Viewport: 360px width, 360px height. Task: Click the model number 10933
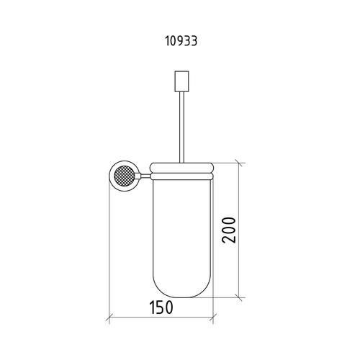(x=181, y=41)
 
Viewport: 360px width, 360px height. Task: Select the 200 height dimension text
(x=229, y=230)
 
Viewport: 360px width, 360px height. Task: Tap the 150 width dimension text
(x=161, y=307)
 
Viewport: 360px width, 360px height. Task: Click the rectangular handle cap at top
(x=181, y=81)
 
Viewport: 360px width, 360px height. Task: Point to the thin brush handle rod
(x=181, y=127)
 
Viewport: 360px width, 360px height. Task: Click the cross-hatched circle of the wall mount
(x=124, y=176)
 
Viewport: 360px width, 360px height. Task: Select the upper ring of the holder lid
(x=181, y=168)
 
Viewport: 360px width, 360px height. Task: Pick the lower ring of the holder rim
(x=181, y=176)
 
